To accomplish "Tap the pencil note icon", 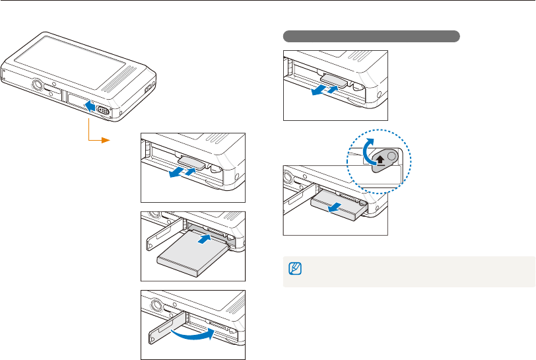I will coord(294,269).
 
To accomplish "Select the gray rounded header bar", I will coord(371,36).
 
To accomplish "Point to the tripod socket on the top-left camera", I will coord(38,85).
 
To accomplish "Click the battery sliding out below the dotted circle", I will coord(336,201).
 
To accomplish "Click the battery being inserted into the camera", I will coord(191,251).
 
